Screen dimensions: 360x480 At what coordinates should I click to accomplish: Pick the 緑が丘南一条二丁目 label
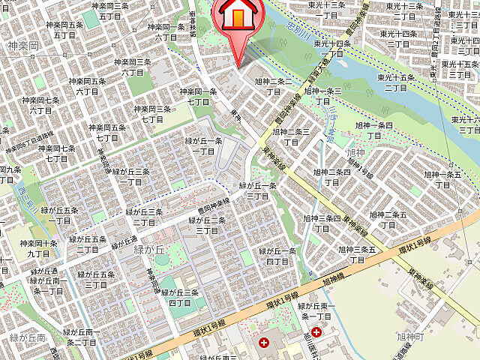coord(82,337)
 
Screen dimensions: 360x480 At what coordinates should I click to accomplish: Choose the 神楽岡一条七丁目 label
coord(199,97)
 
